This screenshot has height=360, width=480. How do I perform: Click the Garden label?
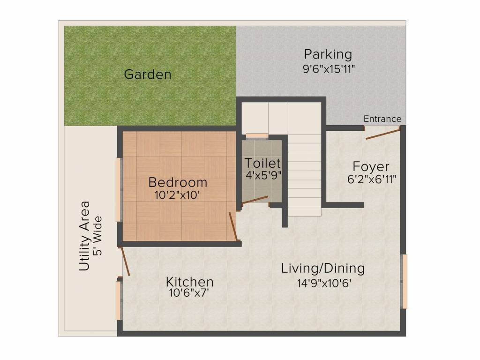click(148, 74)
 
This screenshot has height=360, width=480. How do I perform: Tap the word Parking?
click(328, 54)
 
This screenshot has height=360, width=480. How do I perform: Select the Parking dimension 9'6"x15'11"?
click(329, 68)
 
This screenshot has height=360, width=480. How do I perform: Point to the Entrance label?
click(382, 119)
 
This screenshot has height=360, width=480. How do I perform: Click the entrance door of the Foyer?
click(382, 135)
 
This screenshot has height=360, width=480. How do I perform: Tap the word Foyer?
click(371, 166)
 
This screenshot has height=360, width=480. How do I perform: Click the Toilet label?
click(263, 163)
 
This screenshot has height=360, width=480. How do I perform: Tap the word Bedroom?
click(178, 182)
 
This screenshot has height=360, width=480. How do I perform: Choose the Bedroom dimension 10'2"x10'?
click(178, 194)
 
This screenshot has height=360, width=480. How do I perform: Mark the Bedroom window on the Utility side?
click(119, 190)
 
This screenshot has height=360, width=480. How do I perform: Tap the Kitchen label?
click(190, 282)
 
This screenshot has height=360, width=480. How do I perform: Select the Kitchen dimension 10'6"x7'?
click(189, 293)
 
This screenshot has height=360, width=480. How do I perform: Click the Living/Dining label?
click(323, 269)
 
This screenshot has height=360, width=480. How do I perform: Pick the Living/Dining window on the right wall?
click(405, 281)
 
